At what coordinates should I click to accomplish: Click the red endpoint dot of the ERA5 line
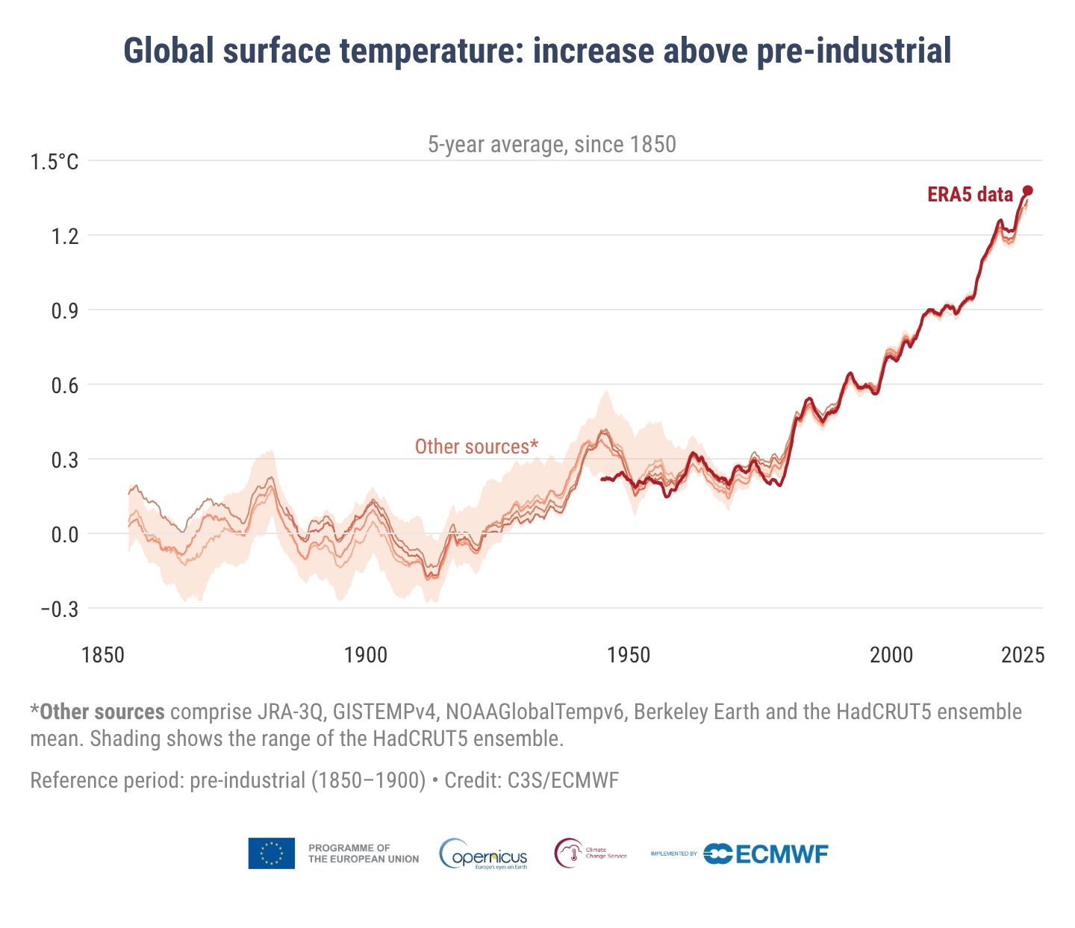(1028, 190)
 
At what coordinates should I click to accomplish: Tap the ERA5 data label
(970, 195)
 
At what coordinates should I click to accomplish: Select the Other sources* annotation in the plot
(476, 446)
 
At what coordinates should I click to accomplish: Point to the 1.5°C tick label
(54, 162)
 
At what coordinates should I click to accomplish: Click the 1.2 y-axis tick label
(64, 236)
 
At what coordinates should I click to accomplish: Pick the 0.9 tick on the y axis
(64, 311)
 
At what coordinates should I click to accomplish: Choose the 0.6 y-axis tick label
(64, 386)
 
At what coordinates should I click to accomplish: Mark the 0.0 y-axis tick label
(64, 535)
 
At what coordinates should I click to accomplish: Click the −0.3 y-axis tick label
(59, 609)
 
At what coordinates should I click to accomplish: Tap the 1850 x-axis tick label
(103, 655)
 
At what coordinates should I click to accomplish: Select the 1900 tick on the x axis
(366, 655)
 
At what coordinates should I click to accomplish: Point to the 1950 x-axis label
(629, 655)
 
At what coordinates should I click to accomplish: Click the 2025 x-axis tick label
(1023, 655)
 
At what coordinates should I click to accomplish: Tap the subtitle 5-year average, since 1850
(552, 144)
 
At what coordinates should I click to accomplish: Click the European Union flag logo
(272, 853)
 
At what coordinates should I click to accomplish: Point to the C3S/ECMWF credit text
(563, 780)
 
